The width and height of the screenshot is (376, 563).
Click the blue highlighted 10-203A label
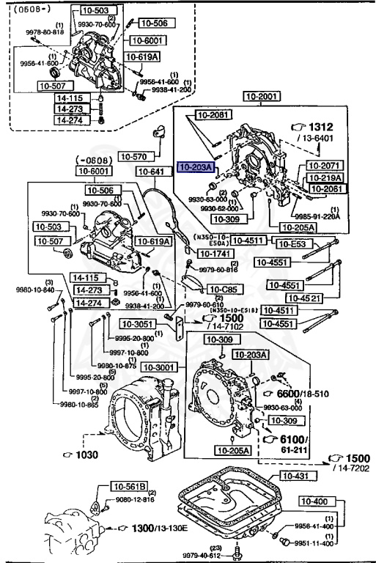194,167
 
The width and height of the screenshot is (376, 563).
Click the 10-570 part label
135,156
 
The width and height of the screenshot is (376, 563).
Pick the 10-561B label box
130,485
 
